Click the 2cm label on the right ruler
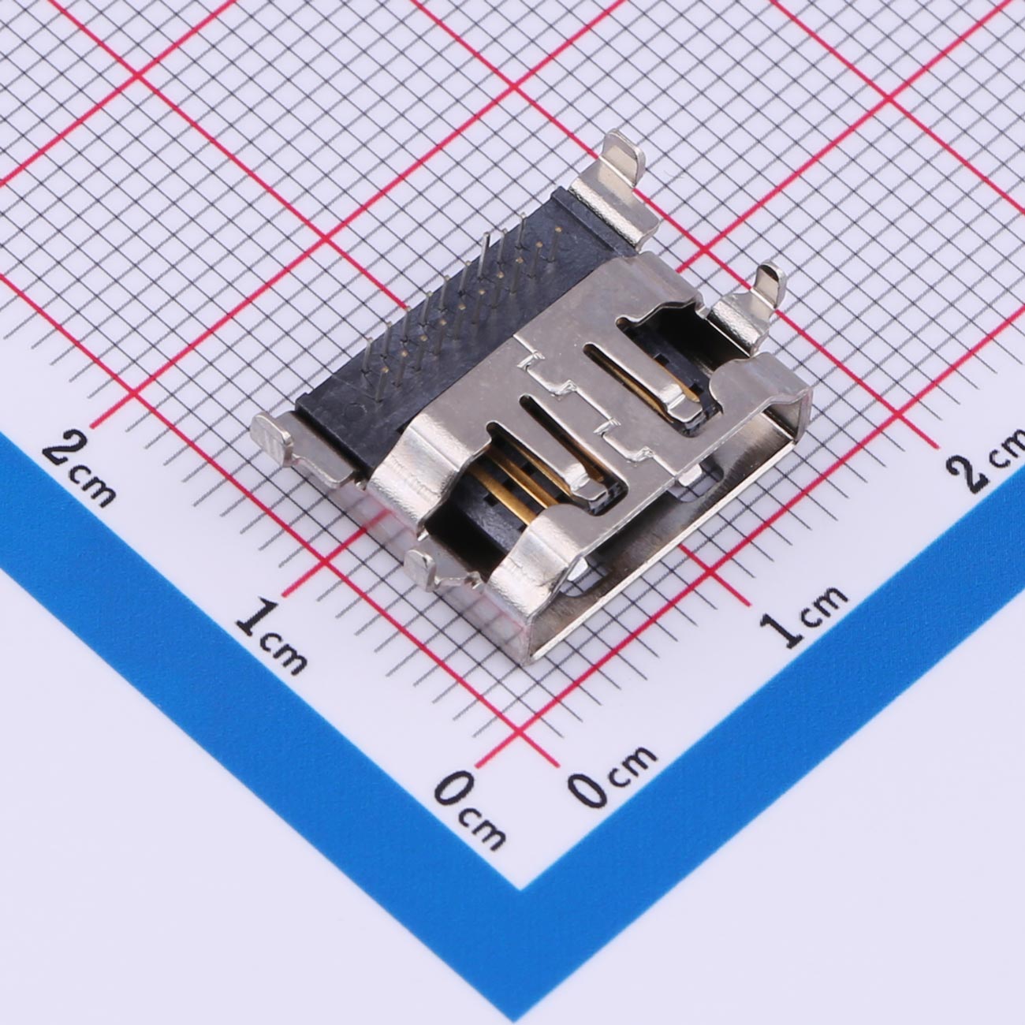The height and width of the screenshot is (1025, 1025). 986,460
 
